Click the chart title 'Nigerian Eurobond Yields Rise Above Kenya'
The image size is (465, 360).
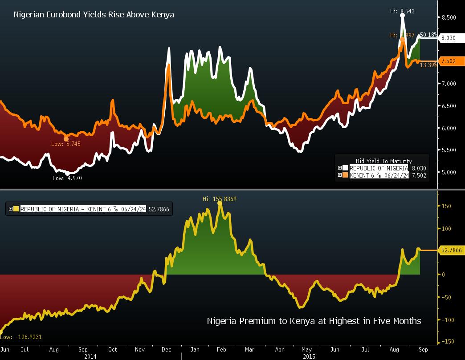point(94,15)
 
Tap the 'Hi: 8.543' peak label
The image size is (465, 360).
point(402,11)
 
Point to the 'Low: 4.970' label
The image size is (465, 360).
point(67,178)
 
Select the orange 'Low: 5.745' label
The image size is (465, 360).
point(66,144)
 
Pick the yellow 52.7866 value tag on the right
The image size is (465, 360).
point(451,251)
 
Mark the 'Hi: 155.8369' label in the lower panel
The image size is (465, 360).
point(219,199)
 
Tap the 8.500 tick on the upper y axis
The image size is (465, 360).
point(448,17)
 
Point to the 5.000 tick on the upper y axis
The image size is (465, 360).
point(448,172)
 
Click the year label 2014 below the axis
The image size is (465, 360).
point(90,356)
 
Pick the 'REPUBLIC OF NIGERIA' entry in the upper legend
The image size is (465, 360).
point(379,168)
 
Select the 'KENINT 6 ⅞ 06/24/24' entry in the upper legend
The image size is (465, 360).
point(379,175)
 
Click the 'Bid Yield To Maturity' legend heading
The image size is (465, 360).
point(383,161)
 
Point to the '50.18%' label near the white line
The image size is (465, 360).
point(428,35)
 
